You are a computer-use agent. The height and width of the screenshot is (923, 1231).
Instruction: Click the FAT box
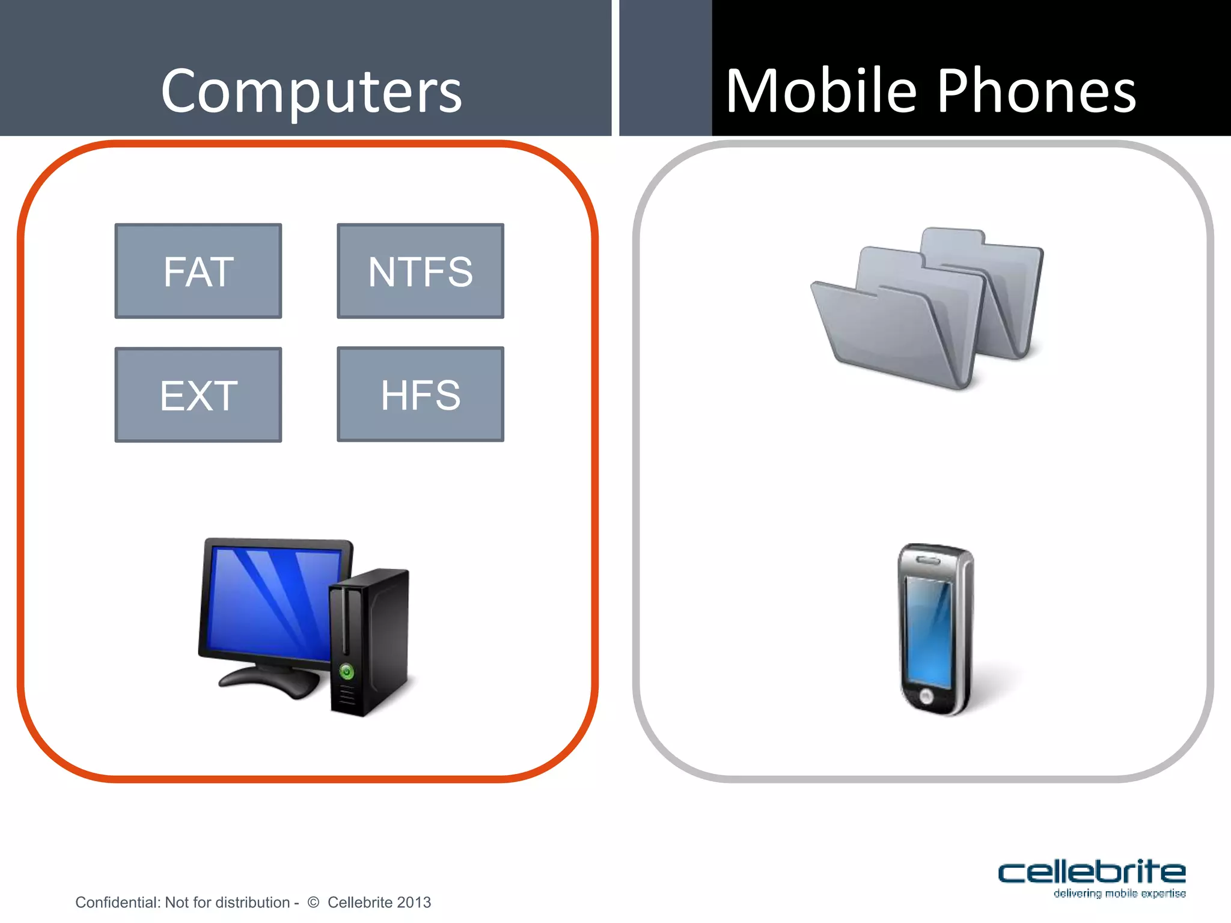[198, 271]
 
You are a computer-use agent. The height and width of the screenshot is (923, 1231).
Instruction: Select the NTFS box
[420, 271]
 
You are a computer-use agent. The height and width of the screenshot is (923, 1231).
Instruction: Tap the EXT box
[198, 395]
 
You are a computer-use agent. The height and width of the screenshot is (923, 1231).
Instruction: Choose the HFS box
[420, 394]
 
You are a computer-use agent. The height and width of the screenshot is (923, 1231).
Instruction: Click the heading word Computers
[311, 91]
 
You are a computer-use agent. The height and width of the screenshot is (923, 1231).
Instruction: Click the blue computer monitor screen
[270, 601]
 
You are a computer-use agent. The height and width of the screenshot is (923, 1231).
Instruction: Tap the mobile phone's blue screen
[928, 631]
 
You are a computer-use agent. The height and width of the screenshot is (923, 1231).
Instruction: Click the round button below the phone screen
[926, 696]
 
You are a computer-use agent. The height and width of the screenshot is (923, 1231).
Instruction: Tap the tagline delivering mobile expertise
[1119, 894]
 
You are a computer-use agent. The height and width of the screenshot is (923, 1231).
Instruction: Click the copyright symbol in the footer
[313, 902]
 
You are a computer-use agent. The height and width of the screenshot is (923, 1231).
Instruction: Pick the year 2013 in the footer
[414, 902]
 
